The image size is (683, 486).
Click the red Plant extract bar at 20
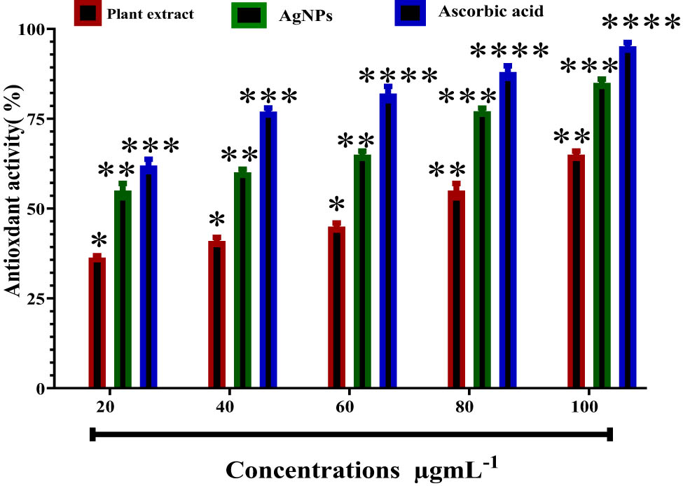pyautogui.click(x=97, y=322)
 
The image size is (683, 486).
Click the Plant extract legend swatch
pyautogui.click(x=88, y=13)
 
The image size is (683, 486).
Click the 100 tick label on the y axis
pyautogui.click(x=33, y=29)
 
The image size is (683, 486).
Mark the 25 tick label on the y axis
pyautogui.click(x=36, y=298)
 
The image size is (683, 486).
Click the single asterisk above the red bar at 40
pyautogui.click(x=217, y=220)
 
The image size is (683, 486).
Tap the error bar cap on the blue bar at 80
pyautogui.click(x=508, y=67)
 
